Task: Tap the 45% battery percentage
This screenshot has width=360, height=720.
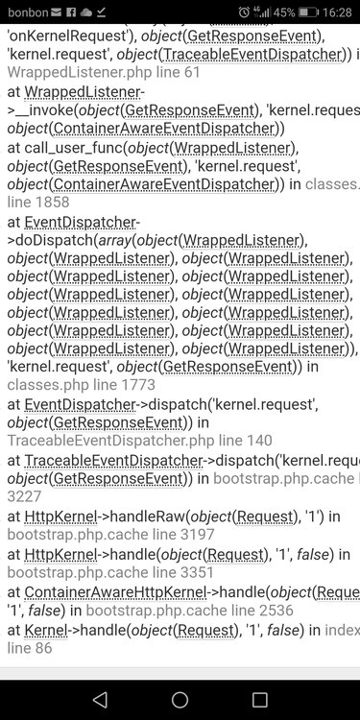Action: click(x=285, y=12)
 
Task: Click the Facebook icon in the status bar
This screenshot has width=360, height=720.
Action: click(x=71, y=12)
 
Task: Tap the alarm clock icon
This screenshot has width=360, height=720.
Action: click(x=245, y=12)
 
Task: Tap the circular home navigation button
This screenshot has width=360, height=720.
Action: click(x=180, y=700)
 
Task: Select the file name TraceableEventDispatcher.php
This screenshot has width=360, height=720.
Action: click(x=100, y=441)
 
